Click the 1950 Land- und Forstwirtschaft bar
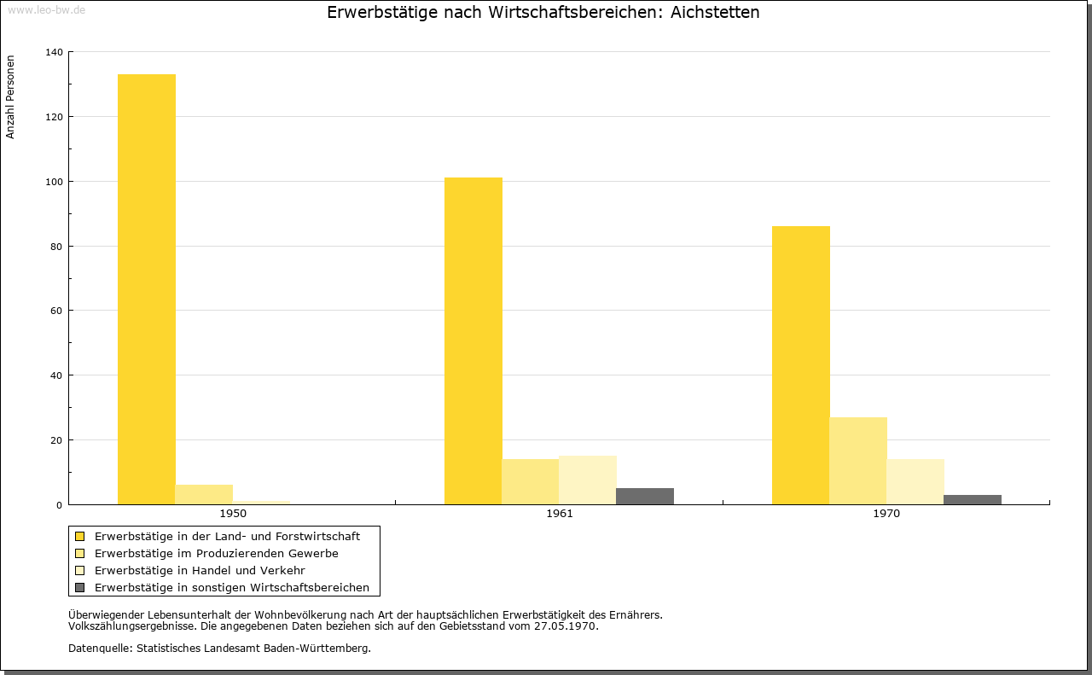point(147,289)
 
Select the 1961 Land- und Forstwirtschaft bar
point(473,340)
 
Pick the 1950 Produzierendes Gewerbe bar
point(204,495)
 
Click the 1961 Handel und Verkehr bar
point(588,480)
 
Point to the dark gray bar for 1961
point(645,497)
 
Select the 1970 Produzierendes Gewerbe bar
point(858,461)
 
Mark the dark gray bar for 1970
point(973,500)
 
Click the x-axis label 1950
point(233,514)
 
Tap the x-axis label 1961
point(560,514)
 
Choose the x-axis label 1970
point(886,514)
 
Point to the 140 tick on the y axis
point(54,52)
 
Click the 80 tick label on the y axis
point(56,247)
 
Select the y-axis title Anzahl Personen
point(11,97)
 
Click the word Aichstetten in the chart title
point(716,13)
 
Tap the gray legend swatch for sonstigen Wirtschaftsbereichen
point(80,587)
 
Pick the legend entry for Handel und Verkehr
point(200,570)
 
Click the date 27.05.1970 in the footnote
point(566,626)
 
